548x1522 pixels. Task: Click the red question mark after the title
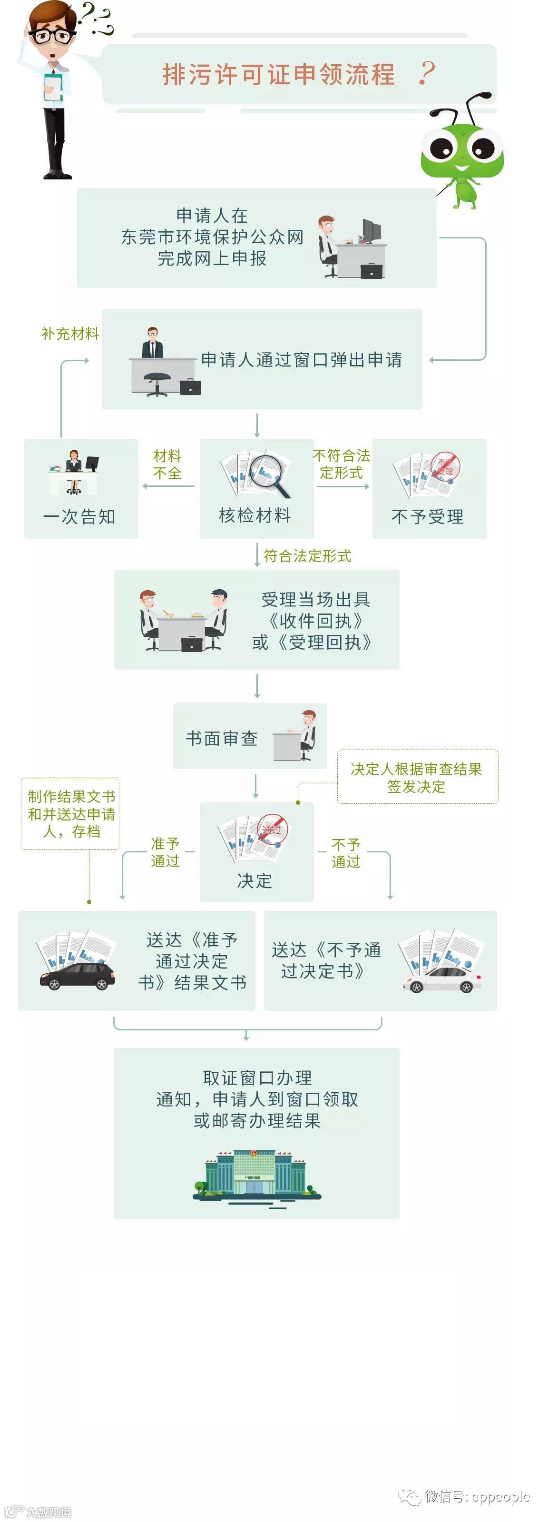426,74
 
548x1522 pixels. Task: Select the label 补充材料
69,334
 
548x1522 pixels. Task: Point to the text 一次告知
79,517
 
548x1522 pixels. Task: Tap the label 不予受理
428,517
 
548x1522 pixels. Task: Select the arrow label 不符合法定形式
342,464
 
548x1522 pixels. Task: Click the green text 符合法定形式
307,556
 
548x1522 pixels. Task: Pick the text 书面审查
222,739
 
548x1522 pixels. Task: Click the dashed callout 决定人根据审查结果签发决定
416,778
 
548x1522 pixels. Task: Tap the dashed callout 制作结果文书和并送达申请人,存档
71,814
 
